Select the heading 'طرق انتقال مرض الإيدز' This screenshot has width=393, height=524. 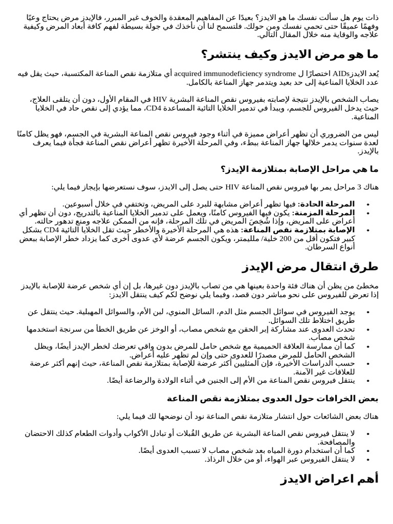coord(310,266)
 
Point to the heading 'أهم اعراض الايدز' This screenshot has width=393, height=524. coord(330,479)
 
